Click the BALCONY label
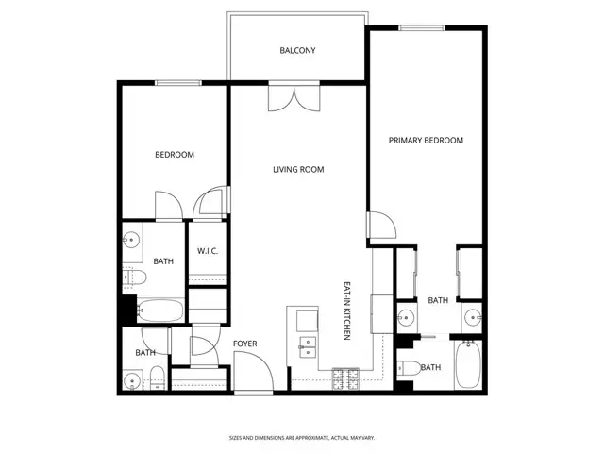pyautogui.click(x=297, y=50)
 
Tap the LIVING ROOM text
pyautogui.click(x=298, y=170)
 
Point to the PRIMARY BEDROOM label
pyautogui.click(x=426, y=141)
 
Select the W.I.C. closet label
pyautogui.click(x=208, y=250)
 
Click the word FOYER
pyautogui.click(x=244, y=344)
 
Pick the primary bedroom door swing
pyautogui.click(x=381, y=225)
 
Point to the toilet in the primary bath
pyautogui.click(x=407, y=367)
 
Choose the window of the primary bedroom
pyautogui.click(x=422, y=28)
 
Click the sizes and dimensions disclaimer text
pyautogui.click(x=301, y=437)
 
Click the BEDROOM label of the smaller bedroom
pyautogui.click(x=175, y=155)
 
